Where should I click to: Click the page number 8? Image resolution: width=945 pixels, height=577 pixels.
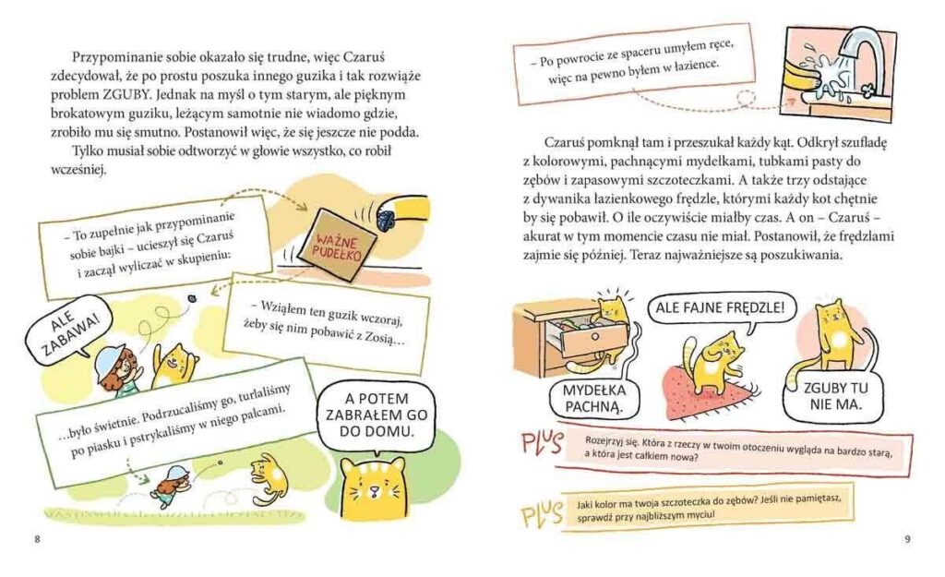pos(37,540)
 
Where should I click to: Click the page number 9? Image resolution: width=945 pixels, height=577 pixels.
pos(908,540)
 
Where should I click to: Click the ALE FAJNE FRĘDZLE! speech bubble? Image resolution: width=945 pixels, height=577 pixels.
pos(720,308)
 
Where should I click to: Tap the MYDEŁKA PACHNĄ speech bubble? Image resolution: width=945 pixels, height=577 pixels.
pos(593,399)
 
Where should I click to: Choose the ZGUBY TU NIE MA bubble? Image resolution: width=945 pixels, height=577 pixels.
pos(834,397)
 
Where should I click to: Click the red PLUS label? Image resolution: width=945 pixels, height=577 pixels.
pos(543,445)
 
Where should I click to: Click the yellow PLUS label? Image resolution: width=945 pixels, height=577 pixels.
pos(542,514)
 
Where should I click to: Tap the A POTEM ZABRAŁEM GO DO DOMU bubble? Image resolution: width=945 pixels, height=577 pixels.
pos(377,415)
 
